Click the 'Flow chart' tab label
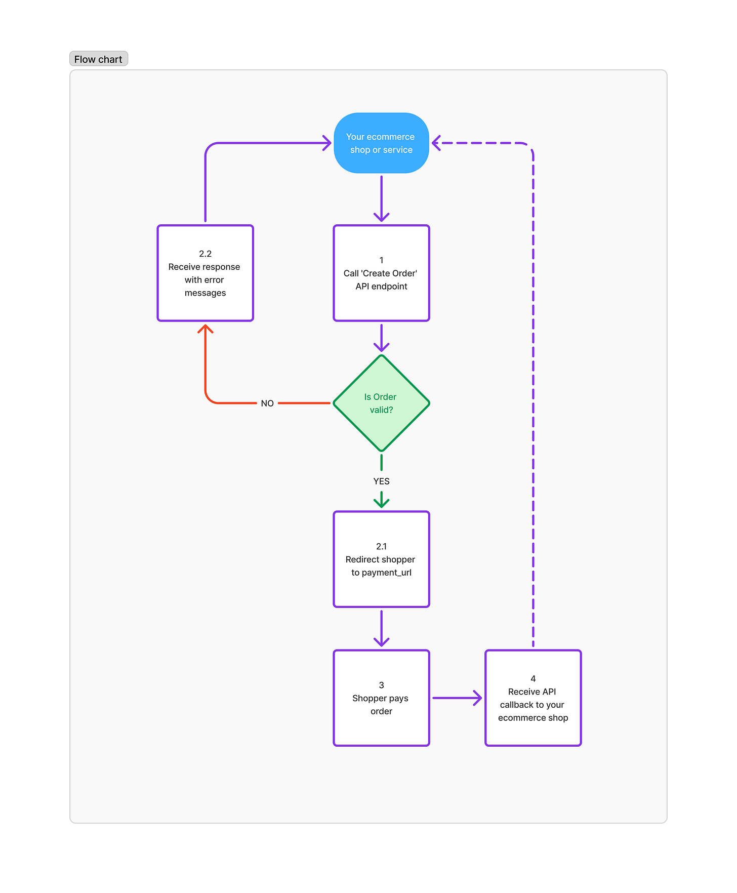(x=98, y=59)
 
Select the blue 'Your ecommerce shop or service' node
(x=381, y=143)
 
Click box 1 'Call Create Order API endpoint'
(x=381, y=273)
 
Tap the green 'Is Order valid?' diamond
(x=381, y=403)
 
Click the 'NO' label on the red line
(x=267, y=403)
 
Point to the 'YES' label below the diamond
(x=381, y=481)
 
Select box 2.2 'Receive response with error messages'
(x=205, y=273)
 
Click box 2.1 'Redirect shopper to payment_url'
(x=381, y=559)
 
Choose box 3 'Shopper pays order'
(x=381, y=698)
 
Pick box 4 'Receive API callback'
(x=533, y=698)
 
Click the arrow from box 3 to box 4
(x=456, y=698)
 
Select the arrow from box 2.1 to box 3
(x=381, y=628)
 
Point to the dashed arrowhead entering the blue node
(x=436, y=143)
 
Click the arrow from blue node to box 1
(x=381, y=197)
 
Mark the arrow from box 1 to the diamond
(x=381, y=337)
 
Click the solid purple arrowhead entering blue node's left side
(x=327, y=143)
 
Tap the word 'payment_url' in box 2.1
(x=387, y=573)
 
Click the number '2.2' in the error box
(x=205, y=254)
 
